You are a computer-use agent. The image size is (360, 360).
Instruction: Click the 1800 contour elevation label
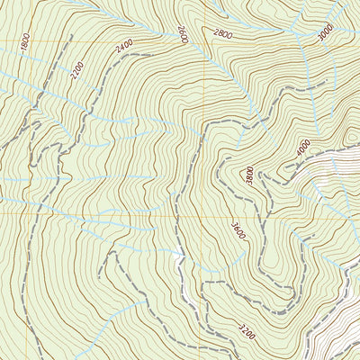25,41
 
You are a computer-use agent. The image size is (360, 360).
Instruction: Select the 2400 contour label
124,43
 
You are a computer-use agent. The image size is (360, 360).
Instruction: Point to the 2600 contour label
183,34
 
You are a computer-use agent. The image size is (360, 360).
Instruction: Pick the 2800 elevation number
222,34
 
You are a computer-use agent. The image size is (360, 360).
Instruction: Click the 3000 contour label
325,33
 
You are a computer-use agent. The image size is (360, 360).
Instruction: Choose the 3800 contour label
249,174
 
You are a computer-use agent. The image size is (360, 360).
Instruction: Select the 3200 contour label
247,331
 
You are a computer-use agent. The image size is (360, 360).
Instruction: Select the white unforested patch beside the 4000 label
333,166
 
